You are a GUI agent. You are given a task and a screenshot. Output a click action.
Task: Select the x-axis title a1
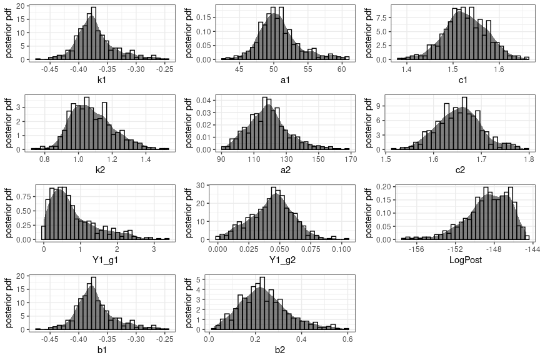(x=283, y=81)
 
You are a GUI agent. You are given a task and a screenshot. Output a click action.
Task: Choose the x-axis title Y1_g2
(x=283, y=261)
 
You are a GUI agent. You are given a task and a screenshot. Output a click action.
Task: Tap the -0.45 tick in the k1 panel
(x=50, y=69)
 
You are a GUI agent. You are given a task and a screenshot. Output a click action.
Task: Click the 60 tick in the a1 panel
(x=342, y=69)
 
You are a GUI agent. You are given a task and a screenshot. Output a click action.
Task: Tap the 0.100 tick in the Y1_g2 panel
(x=341, y=249)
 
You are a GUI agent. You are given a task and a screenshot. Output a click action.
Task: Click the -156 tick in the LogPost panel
(x=416, y=249)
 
